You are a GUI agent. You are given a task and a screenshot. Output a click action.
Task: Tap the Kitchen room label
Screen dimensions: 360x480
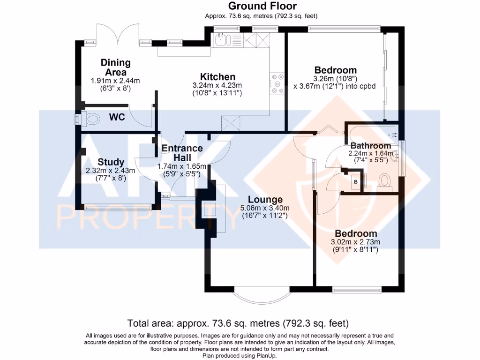click(x=217, y=77)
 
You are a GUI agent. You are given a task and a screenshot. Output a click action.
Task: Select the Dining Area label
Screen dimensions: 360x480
click(x=116, y=67)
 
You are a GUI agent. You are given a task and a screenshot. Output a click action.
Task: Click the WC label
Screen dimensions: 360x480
click(x=117, y=117)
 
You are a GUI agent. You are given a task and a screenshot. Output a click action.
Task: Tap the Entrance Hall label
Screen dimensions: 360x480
click(x=182, y=153)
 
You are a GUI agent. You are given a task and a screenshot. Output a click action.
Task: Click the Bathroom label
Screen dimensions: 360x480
click(x=370, y=146)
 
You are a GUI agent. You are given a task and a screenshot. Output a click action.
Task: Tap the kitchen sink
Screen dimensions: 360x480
click(x=222, y=40)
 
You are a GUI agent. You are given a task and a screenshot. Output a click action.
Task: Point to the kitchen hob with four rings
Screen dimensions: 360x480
click(x=277, y=83)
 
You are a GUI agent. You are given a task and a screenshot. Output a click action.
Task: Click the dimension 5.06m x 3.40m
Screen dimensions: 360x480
click(x=265, y=208)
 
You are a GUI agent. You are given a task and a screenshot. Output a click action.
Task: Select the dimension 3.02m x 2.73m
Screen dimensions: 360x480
click(x=356, y=242)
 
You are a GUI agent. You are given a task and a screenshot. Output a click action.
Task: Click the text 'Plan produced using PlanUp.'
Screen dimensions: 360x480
click(x=240, y=355)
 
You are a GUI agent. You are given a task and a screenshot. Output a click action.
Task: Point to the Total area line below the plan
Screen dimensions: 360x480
click(x=239, y=323)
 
